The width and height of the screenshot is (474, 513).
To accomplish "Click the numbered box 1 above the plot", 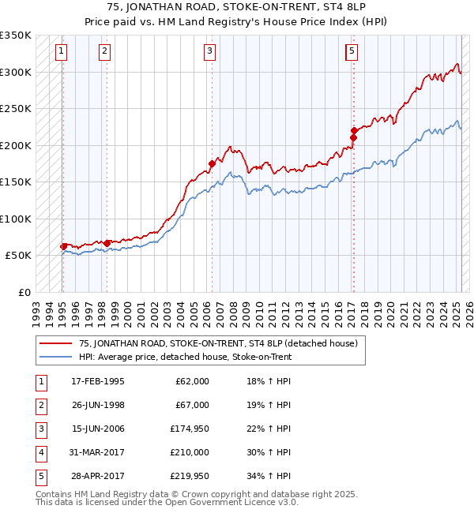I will [x=62, y=52].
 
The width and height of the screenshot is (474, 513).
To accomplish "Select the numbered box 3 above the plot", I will [x=210, y=52].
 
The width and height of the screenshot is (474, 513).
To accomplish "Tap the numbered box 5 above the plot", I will [x=351, y=52].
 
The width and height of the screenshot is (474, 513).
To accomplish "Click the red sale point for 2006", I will [x=212, y=163].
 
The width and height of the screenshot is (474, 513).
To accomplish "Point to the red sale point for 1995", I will [x=64, y=246].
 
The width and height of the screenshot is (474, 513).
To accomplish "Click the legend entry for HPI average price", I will [x=185, y=357].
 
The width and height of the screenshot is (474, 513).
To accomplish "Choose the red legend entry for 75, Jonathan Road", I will [x=218, y=343].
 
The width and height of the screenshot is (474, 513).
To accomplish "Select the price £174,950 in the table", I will [x=190, y=429].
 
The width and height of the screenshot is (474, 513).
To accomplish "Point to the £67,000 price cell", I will [x=192, y=405].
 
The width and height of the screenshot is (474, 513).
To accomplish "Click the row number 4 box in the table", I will [x=40, y=452].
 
